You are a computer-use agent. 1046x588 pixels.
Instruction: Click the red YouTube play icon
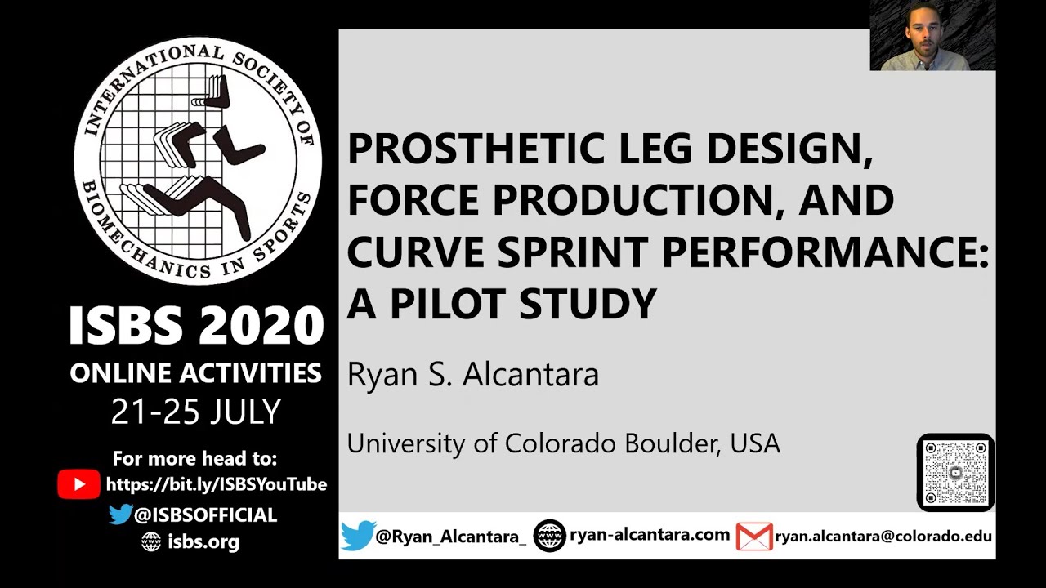(x=78, y=484)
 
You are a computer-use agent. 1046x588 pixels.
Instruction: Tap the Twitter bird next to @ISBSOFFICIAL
(x=120, y=514)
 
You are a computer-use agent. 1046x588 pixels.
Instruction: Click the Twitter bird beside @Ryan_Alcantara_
(x=357, y=536)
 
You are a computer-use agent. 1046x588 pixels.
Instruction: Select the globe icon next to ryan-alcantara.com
(x=549, y=536)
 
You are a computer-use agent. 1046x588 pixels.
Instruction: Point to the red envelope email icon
(x=753, y=537)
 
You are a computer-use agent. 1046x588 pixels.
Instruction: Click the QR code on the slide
(x=955, y=473)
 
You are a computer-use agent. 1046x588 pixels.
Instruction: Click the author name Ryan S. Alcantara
(x=472, y=375)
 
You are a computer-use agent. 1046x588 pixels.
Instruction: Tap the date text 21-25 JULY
(x=196, y=412)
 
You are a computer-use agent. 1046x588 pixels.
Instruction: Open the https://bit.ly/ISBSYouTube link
(x=217, y=484)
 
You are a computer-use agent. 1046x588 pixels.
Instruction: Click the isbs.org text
(x=203, y=541)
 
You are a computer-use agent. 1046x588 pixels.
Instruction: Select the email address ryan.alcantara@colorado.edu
(x=883, y=537)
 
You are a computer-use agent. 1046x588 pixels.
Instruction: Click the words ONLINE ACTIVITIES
(x=196, y=373)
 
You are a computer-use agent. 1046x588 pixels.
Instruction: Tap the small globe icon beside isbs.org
(x=151, y=541)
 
